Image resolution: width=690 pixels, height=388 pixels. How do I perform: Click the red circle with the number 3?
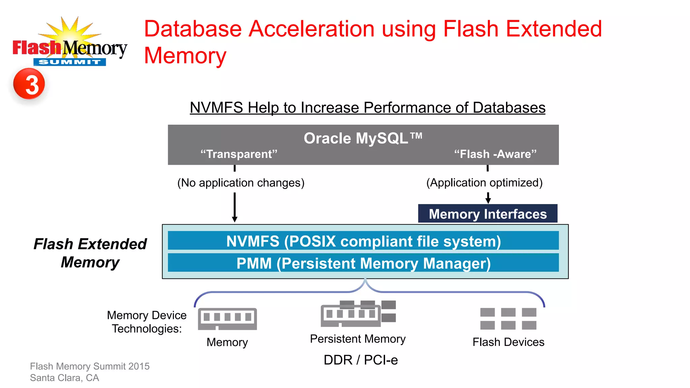(29, 84)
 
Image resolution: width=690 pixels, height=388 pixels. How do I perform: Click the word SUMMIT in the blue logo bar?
(69, 62)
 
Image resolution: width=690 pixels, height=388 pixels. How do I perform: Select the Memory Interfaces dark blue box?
(488, 214)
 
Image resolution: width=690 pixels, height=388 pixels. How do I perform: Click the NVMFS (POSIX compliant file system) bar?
(363, 241)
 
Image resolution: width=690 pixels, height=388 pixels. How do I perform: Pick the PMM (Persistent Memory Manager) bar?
(363, 263)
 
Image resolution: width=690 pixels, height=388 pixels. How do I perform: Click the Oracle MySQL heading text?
(363, 138)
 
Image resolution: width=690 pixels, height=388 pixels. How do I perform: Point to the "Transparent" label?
(239, 154)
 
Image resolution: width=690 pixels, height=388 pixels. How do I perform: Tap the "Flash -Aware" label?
(495, 154)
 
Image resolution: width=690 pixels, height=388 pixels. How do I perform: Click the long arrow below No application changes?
(234, 207)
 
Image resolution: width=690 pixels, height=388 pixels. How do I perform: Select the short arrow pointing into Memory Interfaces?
(488, 198)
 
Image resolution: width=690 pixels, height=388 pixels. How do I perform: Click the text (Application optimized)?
(484, 183)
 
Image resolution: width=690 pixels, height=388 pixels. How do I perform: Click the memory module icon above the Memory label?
(227, 319)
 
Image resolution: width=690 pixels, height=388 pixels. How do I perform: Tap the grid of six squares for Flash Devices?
(508, 318)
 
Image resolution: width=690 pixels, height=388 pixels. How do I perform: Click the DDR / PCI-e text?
(360, 360)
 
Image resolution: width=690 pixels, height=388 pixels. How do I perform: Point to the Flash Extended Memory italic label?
(90, 253)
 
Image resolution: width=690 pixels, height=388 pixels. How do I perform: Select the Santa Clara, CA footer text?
(64, 378)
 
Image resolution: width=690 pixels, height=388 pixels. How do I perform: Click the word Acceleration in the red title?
(311, 29)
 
